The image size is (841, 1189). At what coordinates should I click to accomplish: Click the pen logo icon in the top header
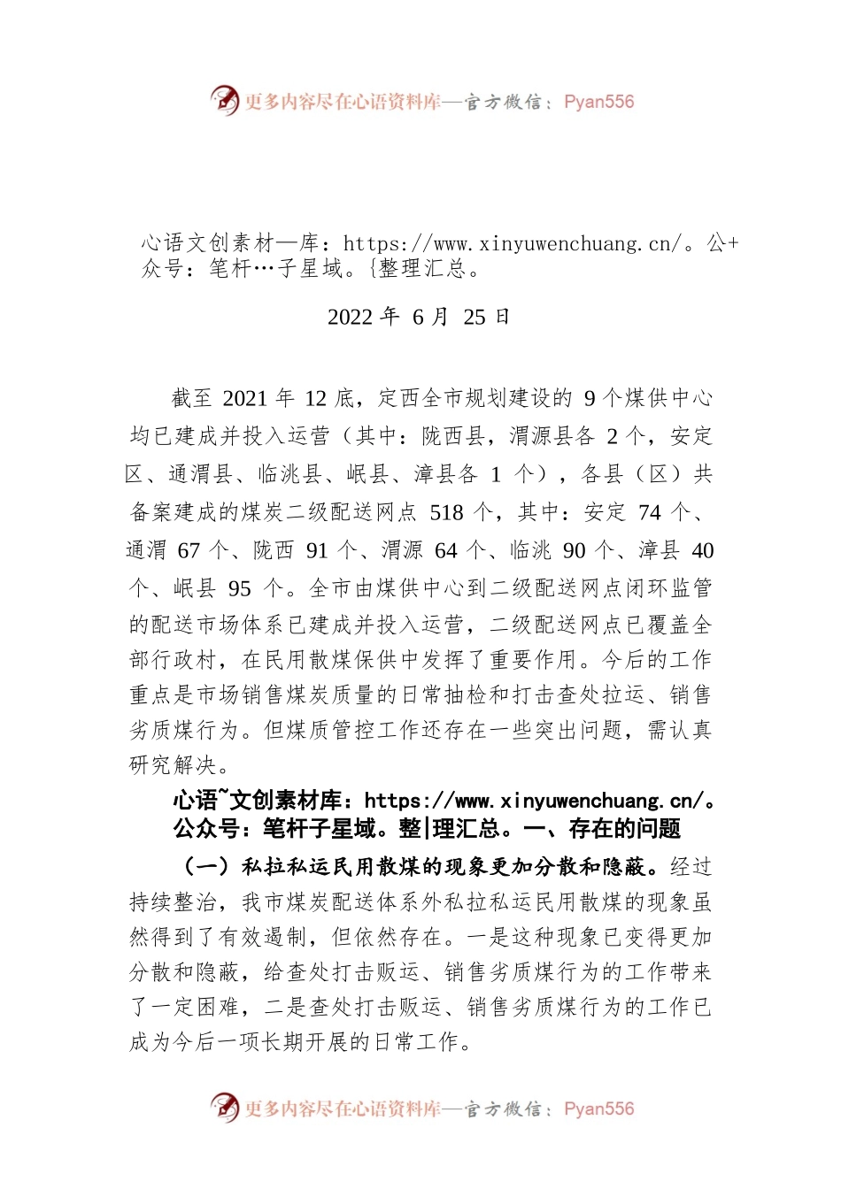pos(225,100)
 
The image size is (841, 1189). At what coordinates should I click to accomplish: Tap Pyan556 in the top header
pos(598,102)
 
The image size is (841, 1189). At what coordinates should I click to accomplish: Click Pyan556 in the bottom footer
pos(598,1108)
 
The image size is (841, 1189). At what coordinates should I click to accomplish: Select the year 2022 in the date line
pos(350,318)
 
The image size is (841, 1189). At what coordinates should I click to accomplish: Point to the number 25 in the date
pos(475,318)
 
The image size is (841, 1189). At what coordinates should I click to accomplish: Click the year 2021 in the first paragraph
pos(244,399)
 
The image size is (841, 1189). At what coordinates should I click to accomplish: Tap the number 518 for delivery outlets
pos(446,513)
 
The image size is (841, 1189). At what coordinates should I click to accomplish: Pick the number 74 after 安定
pos(649,513)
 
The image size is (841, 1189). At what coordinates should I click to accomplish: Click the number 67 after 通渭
pos(189,551)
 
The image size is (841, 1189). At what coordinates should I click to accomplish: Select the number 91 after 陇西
pos(317,551)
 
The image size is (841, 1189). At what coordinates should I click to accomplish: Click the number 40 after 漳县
pos(702,551)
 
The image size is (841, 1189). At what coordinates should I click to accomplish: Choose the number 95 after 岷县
pos(239,589)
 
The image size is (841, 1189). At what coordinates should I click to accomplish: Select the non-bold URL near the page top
pos(513,244)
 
